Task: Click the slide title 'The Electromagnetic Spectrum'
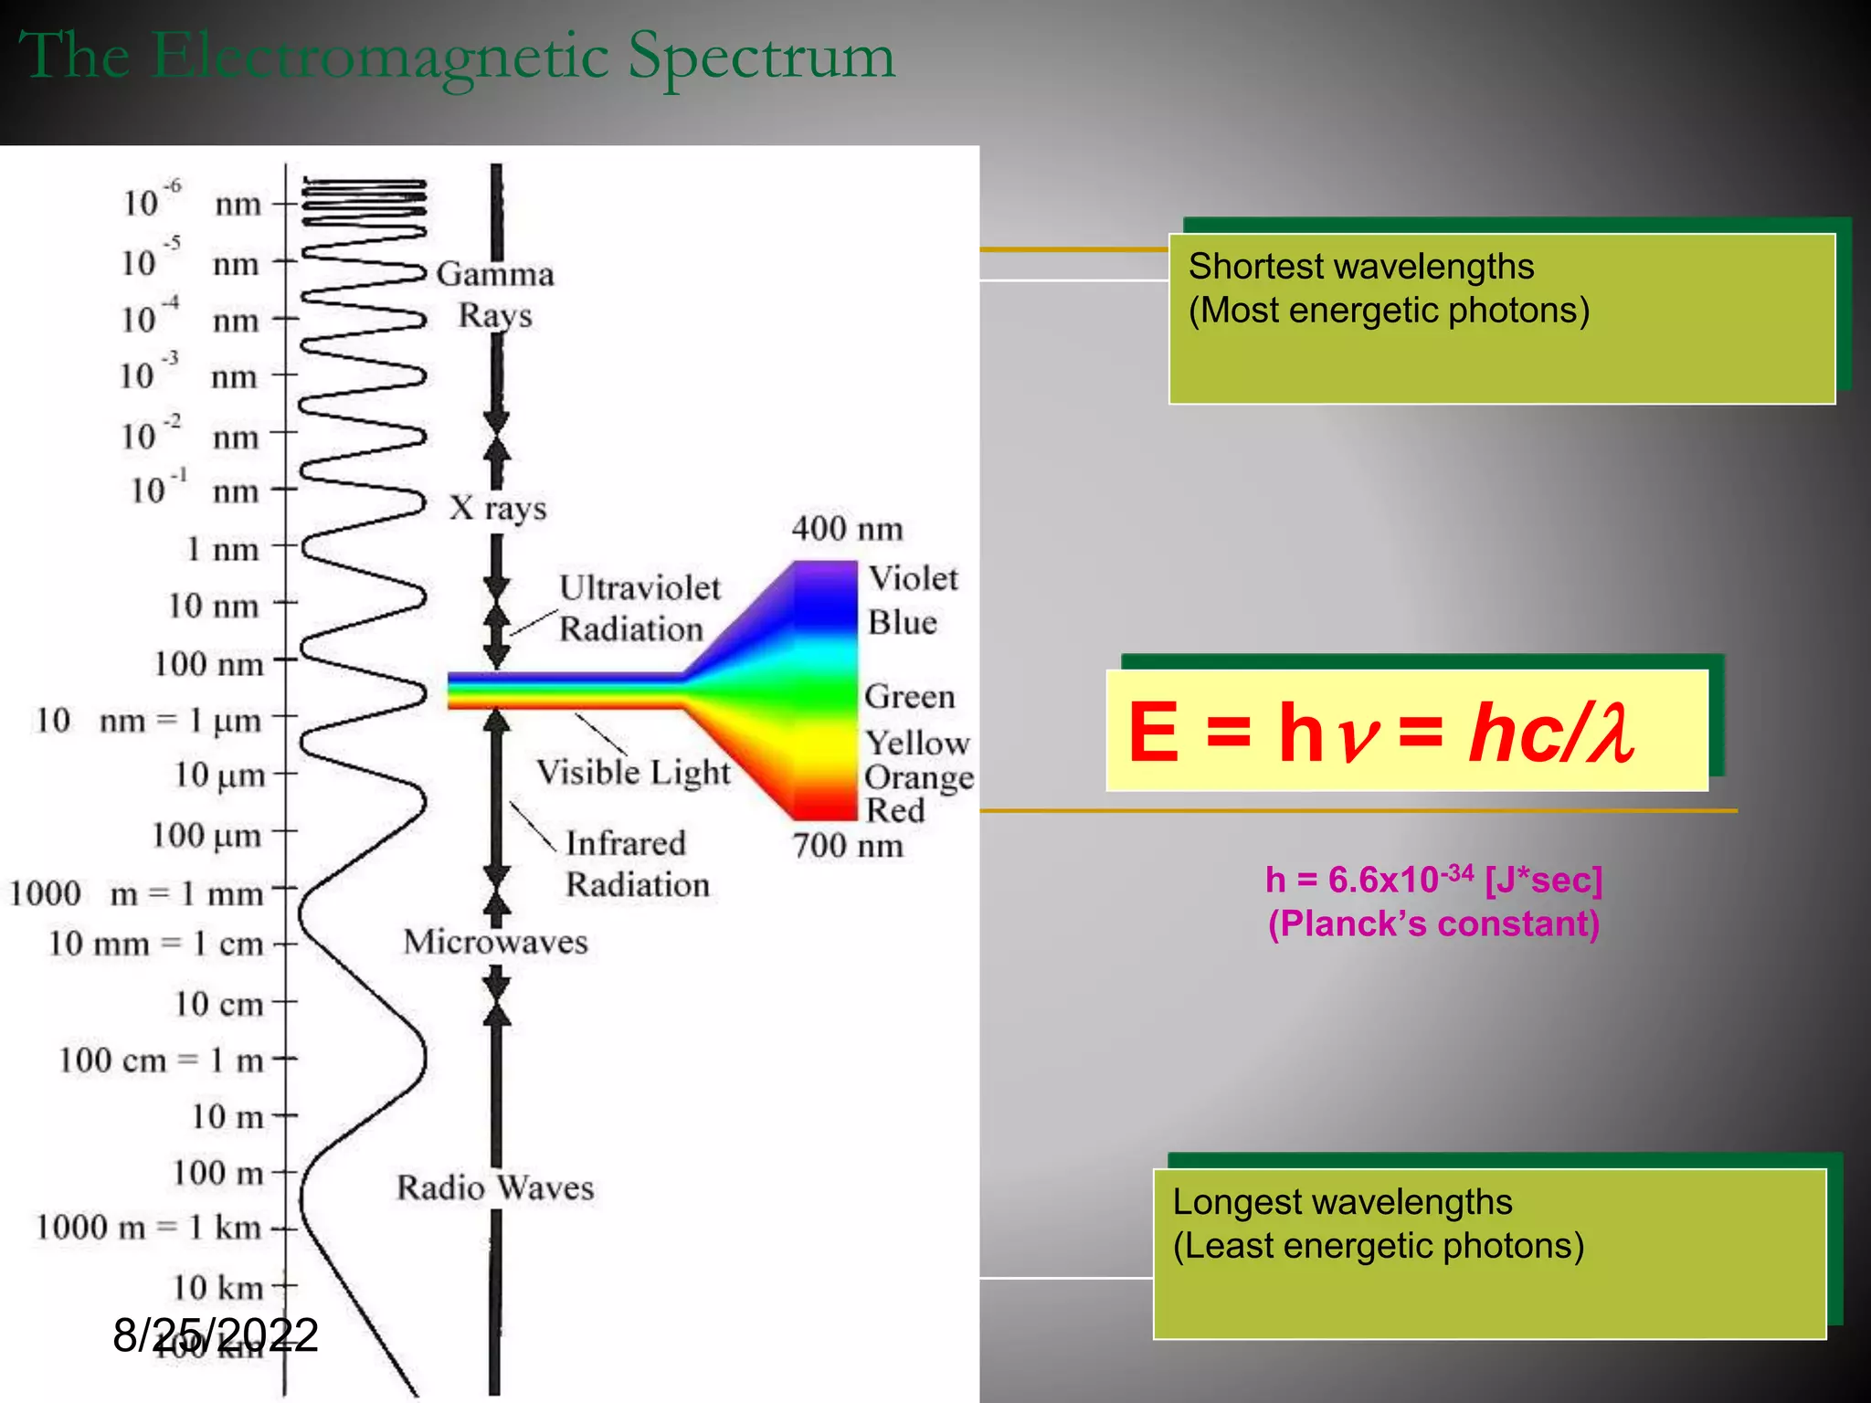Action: [x=457, y=57]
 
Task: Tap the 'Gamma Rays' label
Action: [x=495, y=294]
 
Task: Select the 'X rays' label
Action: [x=498, y=508]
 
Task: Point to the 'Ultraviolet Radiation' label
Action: [x=639, y=608]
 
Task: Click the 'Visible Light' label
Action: [x=633, y=773]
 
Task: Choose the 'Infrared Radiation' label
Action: [x=636, y=863]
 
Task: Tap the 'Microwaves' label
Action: [x=496, y=942]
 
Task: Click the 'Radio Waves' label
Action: [x=496, y=1187]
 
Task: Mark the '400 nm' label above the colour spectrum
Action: [x=847, y=528]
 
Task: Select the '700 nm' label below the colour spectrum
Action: [x=848, y=845]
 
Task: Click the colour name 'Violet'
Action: [x=913, y=578]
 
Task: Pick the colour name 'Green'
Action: [x=910, y=696]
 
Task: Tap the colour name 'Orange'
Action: [x=918, y=777]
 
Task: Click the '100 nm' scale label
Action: [x=209, y=663]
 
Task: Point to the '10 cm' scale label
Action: [x=219, y=1004]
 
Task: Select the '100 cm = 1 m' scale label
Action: [x=162, y=1060]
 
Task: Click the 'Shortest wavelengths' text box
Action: [x=1502, y=318]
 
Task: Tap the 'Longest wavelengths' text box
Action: [x=1489, y=1253]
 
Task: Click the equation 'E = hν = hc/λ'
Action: [x=1407, y=731]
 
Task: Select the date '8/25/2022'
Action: [x=216, y=1334]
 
